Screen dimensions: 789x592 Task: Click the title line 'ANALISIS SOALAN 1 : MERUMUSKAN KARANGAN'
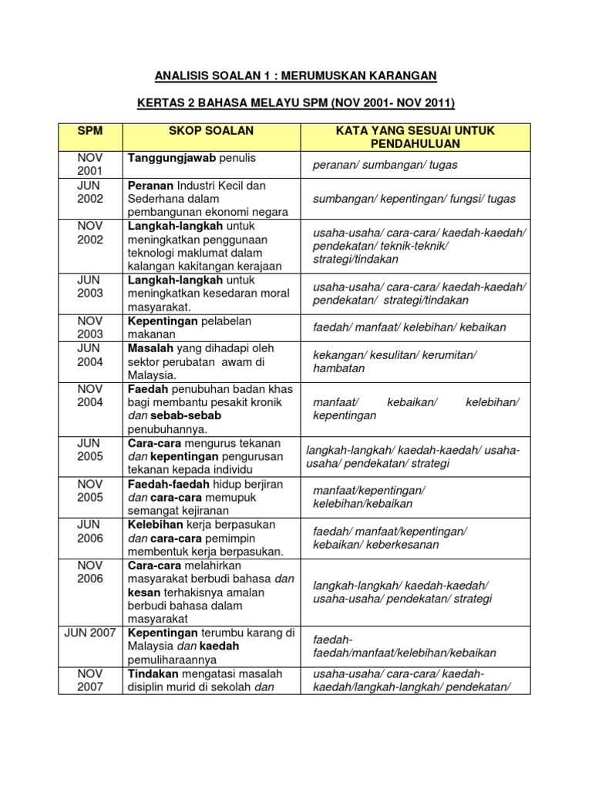coord(296,75)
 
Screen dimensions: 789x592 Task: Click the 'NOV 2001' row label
coord(90,164)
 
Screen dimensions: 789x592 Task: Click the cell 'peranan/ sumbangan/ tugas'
coord(385,166)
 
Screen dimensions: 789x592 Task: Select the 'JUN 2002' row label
coord(90,192)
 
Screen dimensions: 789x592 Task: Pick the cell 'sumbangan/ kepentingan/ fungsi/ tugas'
coord(414,199)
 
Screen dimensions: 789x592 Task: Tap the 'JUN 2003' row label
coord(90,286)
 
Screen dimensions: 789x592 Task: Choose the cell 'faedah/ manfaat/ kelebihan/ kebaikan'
coord(409,327)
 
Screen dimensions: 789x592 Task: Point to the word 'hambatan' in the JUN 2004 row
coord(338,368)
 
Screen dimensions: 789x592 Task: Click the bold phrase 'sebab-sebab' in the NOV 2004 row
coord(176,415)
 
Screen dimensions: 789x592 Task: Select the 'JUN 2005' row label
coord(90,450)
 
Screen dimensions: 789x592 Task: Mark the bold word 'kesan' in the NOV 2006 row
coord(143,592)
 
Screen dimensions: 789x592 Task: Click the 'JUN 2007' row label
coord(90,633)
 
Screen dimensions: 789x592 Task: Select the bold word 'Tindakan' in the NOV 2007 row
coord(153,673)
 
